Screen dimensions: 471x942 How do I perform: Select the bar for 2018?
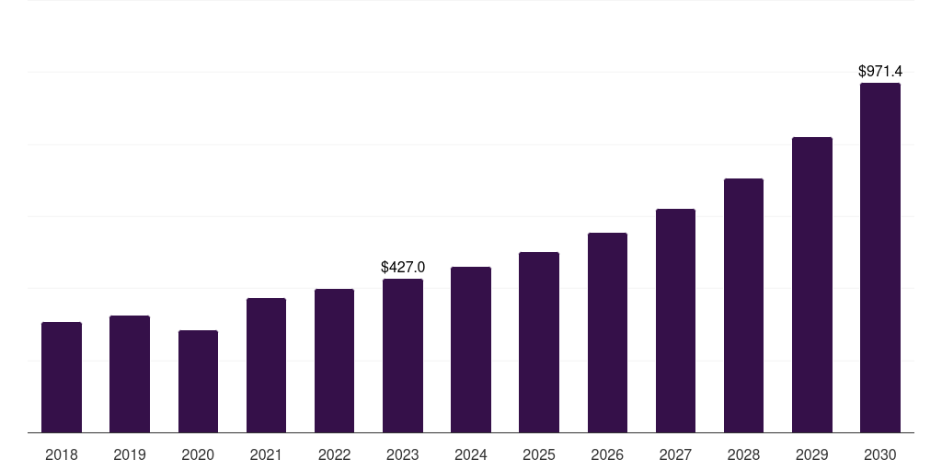tap(62, 377)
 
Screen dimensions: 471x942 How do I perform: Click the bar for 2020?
tap(198, 381)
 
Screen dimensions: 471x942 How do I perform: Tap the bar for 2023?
tap(403, 356)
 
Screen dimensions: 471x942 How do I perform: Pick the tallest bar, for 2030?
tap(880, 258)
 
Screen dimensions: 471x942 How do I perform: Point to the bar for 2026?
tap(607, 332)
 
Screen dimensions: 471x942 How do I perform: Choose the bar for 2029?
tap(812, 284)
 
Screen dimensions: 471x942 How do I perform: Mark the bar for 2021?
tap(266, 365)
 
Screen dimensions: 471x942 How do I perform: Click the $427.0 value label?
tap(403, 268)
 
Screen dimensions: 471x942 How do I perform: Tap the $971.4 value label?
tap(880, 71)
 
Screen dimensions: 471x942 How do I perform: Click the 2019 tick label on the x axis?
tap(130, 454)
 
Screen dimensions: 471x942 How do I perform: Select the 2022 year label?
tap(334, 454)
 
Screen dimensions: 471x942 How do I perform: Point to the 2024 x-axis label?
tap(471, 454)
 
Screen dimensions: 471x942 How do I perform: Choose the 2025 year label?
tap(539, 454)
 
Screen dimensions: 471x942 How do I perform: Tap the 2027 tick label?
tap(675, 454)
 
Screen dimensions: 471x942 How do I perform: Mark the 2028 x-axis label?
tap(743, 454)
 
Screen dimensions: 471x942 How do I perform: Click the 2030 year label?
tap(880, 454)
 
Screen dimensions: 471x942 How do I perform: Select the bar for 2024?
tap(471, 350)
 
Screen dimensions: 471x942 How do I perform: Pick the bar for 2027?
tap(675, 320)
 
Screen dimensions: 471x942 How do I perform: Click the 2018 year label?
tap(62, 454)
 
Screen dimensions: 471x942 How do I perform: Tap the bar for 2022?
tap(334, 361)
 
